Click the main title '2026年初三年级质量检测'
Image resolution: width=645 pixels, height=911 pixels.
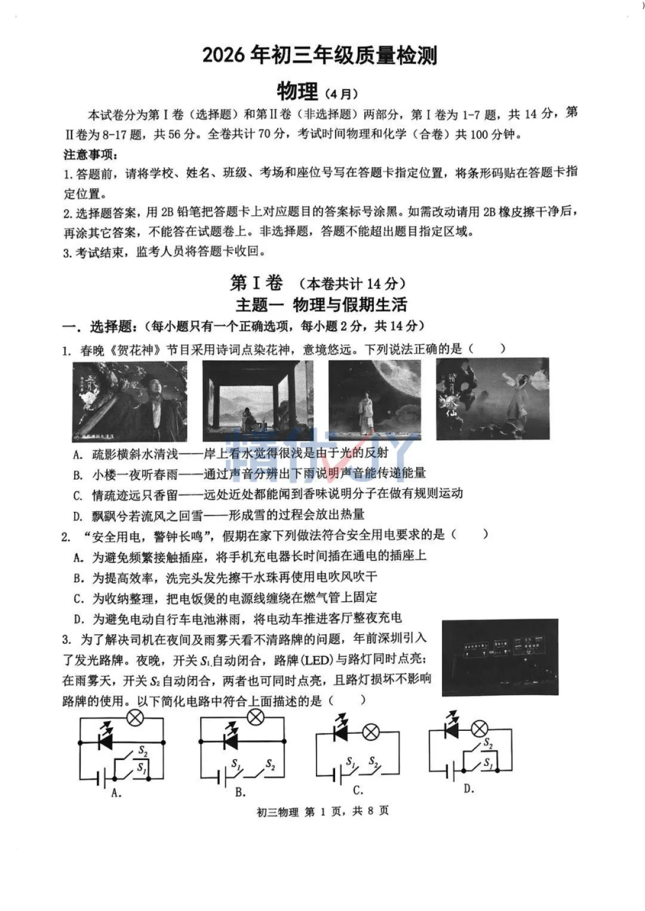point(320,55)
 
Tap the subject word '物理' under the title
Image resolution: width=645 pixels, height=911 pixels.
point(297,92)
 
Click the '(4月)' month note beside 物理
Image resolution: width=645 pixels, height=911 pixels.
point(342,94)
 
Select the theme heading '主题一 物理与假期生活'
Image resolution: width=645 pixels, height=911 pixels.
point(321,305)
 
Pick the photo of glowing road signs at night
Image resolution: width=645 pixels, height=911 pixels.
point(500,657)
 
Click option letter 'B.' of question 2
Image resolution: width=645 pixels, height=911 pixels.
point(78,578)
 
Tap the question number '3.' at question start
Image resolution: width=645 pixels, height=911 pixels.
point(67,640)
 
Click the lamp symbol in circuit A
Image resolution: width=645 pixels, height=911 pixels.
point(136,718)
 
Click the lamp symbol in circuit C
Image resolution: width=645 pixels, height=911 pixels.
point(371,732)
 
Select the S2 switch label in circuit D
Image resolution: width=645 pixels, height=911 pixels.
point(488,744)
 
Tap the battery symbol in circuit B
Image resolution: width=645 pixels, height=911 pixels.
point(222,777)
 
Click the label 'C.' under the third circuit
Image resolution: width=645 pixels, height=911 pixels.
point(358,790)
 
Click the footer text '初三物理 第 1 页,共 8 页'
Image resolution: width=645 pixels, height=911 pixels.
point(322,811)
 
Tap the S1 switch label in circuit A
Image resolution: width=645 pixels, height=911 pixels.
point(141,768)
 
